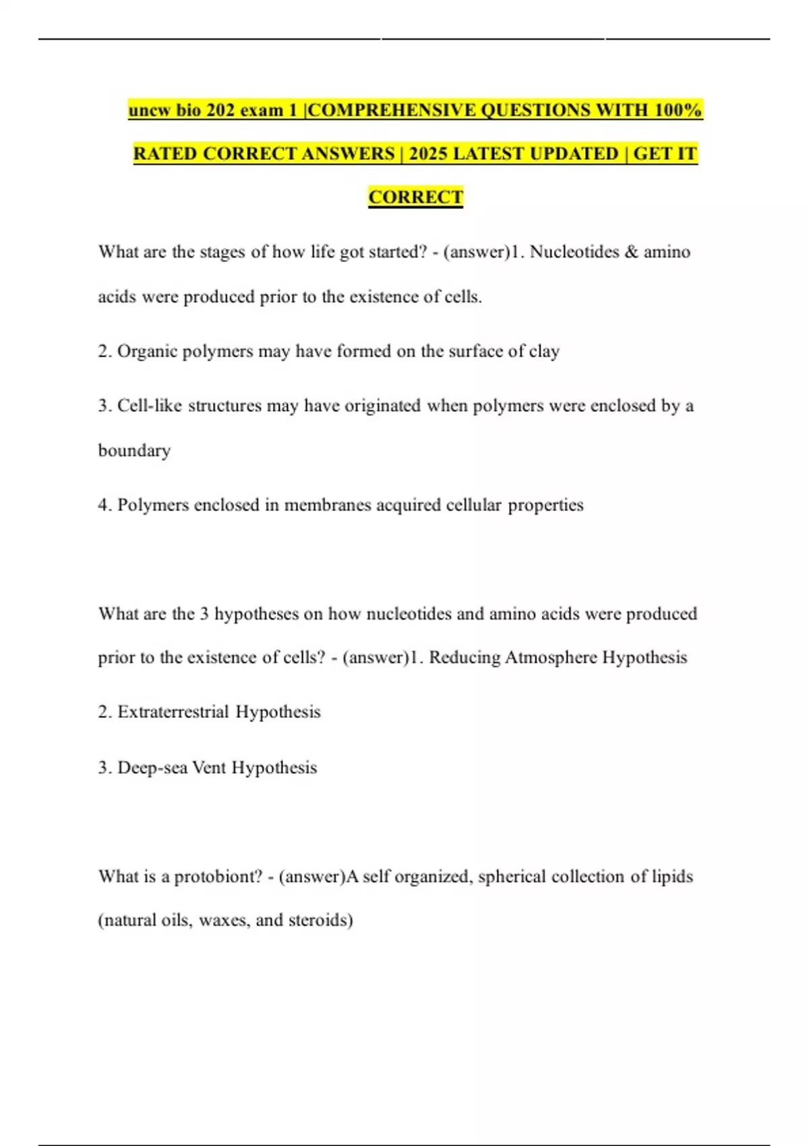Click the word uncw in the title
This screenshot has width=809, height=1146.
click(x=150, y=110)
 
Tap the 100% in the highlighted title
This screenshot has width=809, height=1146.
click(x=678, y=110)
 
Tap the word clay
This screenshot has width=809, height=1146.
click(x=545, y=351)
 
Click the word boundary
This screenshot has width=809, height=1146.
click(x=134, y=450)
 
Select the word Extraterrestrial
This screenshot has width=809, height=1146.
click(x=173, y=712)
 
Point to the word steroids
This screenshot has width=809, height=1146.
click(x=320, y=920)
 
